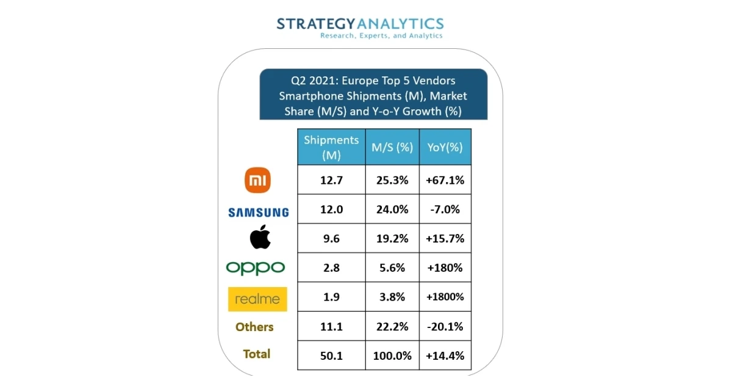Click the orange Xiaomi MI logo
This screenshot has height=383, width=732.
pyautogui.click(x=257, y=180)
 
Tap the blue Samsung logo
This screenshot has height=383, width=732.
pyautogui.click(x=259, y=213)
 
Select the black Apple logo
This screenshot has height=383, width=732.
pyautogui.click(x=260, y=237)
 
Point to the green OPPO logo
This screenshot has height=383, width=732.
pyautogui.click(x=255, y=268)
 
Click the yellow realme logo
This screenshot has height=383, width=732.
pyautogui.click(x=257, y=299)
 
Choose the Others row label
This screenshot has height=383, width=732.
pyautogui.click(x=254, y=327)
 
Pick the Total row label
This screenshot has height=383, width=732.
pyautogui.click(x=257, y=354)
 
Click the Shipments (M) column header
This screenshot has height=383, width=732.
pyautogui.click(x=331, y=147)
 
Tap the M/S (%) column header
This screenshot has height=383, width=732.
pyautogui.click(x=392, y=147)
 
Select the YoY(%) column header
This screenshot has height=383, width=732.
pyautogui.click(x=445, y=147)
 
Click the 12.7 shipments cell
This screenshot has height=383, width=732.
pyautogui.click(x=331, y=180)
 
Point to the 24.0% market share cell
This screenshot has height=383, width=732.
pyautogui.click(x=392, y=209)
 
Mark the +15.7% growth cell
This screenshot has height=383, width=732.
pyautogui.click(x=445, y=238)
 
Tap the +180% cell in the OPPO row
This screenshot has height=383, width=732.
pyautogui.click(x=445, y=268)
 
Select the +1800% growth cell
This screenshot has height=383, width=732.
pyautogui.click(x=445, y=297)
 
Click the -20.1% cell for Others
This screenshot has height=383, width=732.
pyautogui.click(x=445, y=326)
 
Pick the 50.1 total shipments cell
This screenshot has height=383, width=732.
pyautogui.click(x=331, y=356)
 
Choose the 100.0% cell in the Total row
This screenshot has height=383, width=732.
pyautogui.click(x=392, y=356)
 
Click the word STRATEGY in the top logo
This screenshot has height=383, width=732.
pyautogui.click(x=316, y=24)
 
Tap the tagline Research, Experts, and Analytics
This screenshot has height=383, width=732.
pyautogui.click(x=381, y=35)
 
